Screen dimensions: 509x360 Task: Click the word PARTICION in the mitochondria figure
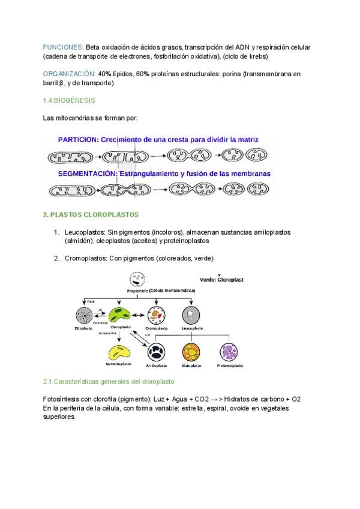coord(77,139)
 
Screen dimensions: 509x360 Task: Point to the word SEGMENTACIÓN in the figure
coord(86,173)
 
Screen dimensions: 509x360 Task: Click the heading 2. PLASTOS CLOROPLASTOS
coord(91,214)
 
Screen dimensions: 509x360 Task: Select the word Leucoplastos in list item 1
coord(85,232)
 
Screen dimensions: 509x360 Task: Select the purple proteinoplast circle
coord(230,352)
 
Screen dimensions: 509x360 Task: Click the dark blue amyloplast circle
coord(156,352)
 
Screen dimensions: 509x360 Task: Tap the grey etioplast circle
coord(84,316)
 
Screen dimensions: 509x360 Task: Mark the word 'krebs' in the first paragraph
coord(259,56)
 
